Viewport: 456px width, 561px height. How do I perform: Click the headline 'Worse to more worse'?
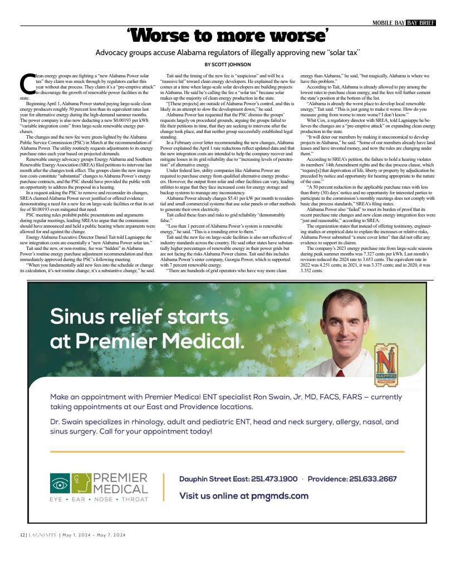click(x=227, y=36)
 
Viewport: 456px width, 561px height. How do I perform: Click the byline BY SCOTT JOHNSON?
click(x=228, y=65)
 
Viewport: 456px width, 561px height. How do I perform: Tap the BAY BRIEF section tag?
click(x=420, y=23)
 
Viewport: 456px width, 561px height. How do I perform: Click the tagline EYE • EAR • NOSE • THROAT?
click(x=99, y=499)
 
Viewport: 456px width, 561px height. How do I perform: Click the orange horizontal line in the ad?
click(x=227, y=451)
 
